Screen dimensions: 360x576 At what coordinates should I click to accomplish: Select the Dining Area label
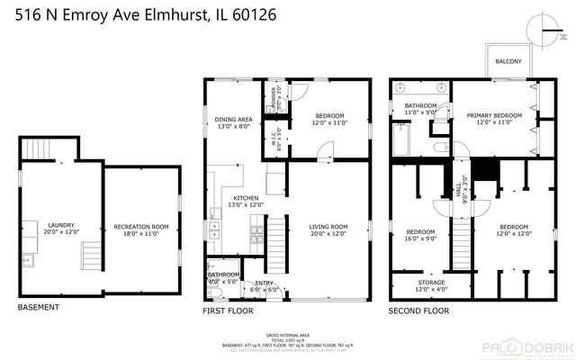[232, 122]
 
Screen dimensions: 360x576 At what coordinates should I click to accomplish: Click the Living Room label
[328, 229]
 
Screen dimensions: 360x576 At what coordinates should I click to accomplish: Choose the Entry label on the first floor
[264, 285]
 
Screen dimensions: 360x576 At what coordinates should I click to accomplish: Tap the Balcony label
[508, 61]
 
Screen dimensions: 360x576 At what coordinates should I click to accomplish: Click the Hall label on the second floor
[460, 190]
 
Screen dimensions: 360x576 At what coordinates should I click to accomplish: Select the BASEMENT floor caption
[39, 308]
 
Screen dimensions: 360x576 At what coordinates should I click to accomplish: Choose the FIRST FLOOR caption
[228, 311]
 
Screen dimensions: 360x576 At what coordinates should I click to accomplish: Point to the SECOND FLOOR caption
[418, 311]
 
